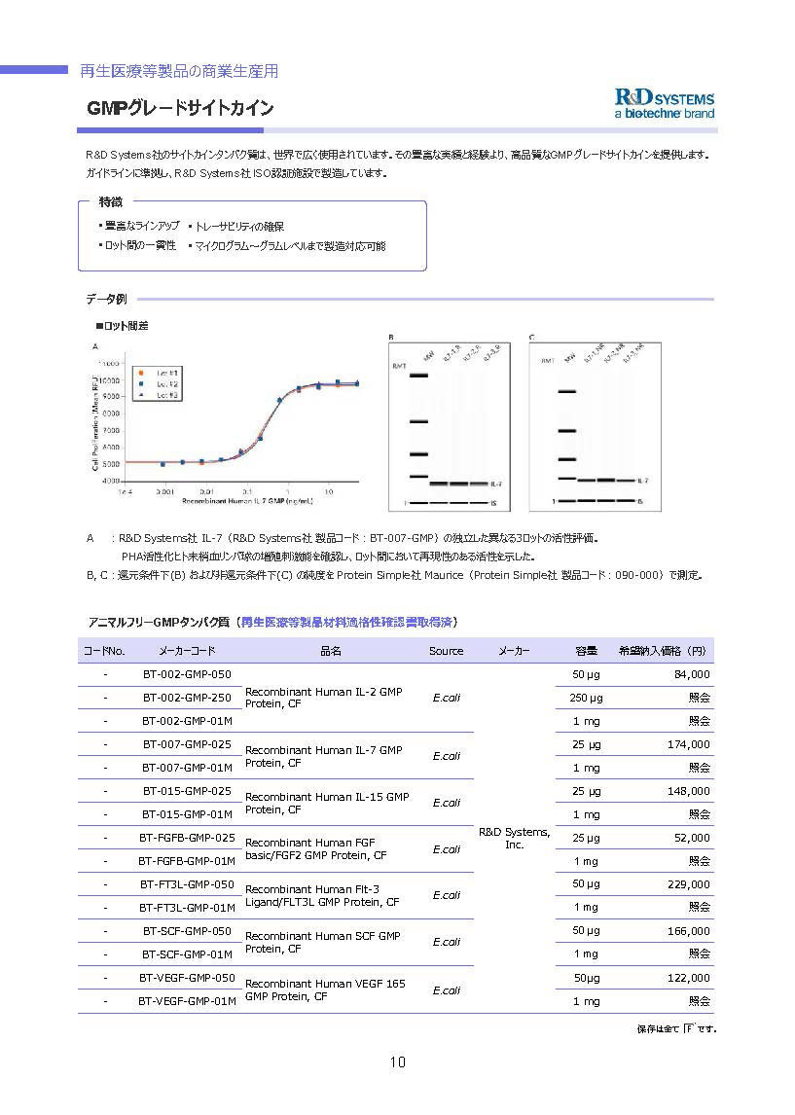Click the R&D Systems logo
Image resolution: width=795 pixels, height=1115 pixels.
click(x=665, y=104)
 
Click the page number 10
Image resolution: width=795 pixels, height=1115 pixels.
click(x=397, y=1061)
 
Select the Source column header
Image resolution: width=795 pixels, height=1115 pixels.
click(x=446, y=651)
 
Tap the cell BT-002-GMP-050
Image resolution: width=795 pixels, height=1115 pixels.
click(x=187, y=674)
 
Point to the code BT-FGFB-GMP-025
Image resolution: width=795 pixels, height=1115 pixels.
click(x=187, y=838)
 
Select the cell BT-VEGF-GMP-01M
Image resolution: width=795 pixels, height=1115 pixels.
click(x=187, y=1001)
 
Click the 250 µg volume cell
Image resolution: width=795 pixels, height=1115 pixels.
click(x=586, y=698)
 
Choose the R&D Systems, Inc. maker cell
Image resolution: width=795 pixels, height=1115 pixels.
click(x=515, y=838)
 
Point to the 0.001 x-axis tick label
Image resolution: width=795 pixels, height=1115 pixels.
click(x=165, y=492)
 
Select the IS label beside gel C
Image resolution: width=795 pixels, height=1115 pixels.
click(x=639, y=501)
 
